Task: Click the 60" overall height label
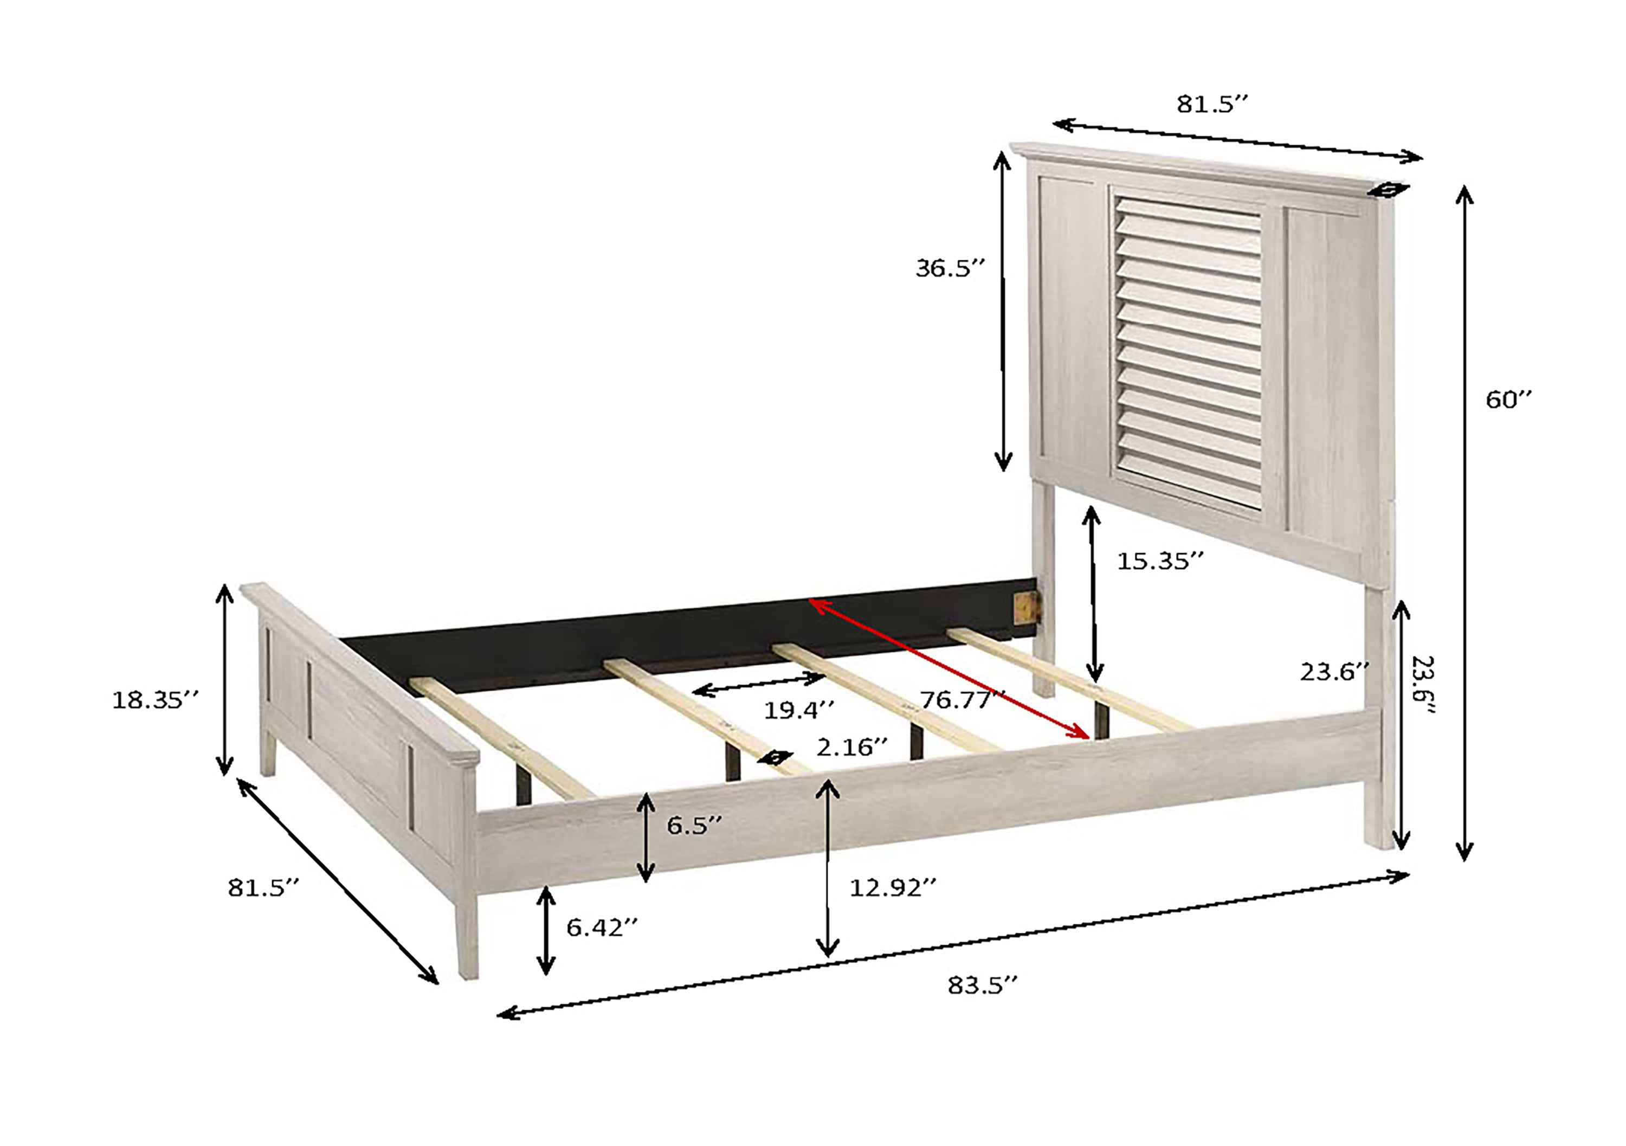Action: [1508, 400]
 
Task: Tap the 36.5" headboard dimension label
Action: [950, 268]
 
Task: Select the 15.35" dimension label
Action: [1160, 562]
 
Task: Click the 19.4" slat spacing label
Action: [798, 710]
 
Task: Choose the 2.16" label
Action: [851, 747]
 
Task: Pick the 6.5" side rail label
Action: [694, 825]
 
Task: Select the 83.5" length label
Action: [982, 985]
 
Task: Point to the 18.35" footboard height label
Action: [155, 700]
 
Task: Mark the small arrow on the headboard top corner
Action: [1388, 189]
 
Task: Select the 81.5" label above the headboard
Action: [1212, 104]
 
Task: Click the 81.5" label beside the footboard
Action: [263, 888]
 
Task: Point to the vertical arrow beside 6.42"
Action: [545, 930]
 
